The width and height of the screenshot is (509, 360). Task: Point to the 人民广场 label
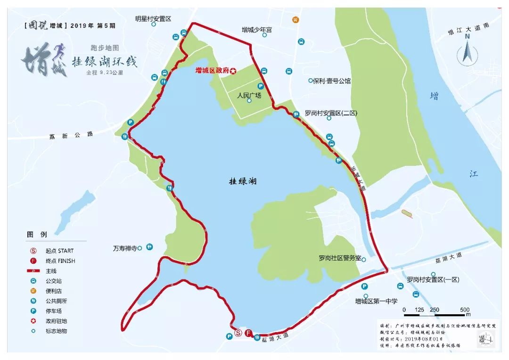pos(249,95)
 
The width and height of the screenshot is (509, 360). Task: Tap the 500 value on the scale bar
pos(465,310)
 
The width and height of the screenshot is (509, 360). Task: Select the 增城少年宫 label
pos(257,29)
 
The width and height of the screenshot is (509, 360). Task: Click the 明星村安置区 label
pos(153,18)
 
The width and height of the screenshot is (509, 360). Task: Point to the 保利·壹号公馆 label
pos(332,81)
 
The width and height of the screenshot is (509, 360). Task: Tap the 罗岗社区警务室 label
pos(339,258)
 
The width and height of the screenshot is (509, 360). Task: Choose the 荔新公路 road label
pos(71,136)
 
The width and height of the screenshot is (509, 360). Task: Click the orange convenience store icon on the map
pos(296,20)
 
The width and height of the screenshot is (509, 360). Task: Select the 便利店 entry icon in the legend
pos(34,291)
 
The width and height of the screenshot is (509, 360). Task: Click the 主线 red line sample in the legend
pos(34,271)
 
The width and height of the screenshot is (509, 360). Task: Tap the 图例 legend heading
pos(37,234)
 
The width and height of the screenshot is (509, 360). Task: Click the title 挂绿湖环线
pos(104,62)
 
